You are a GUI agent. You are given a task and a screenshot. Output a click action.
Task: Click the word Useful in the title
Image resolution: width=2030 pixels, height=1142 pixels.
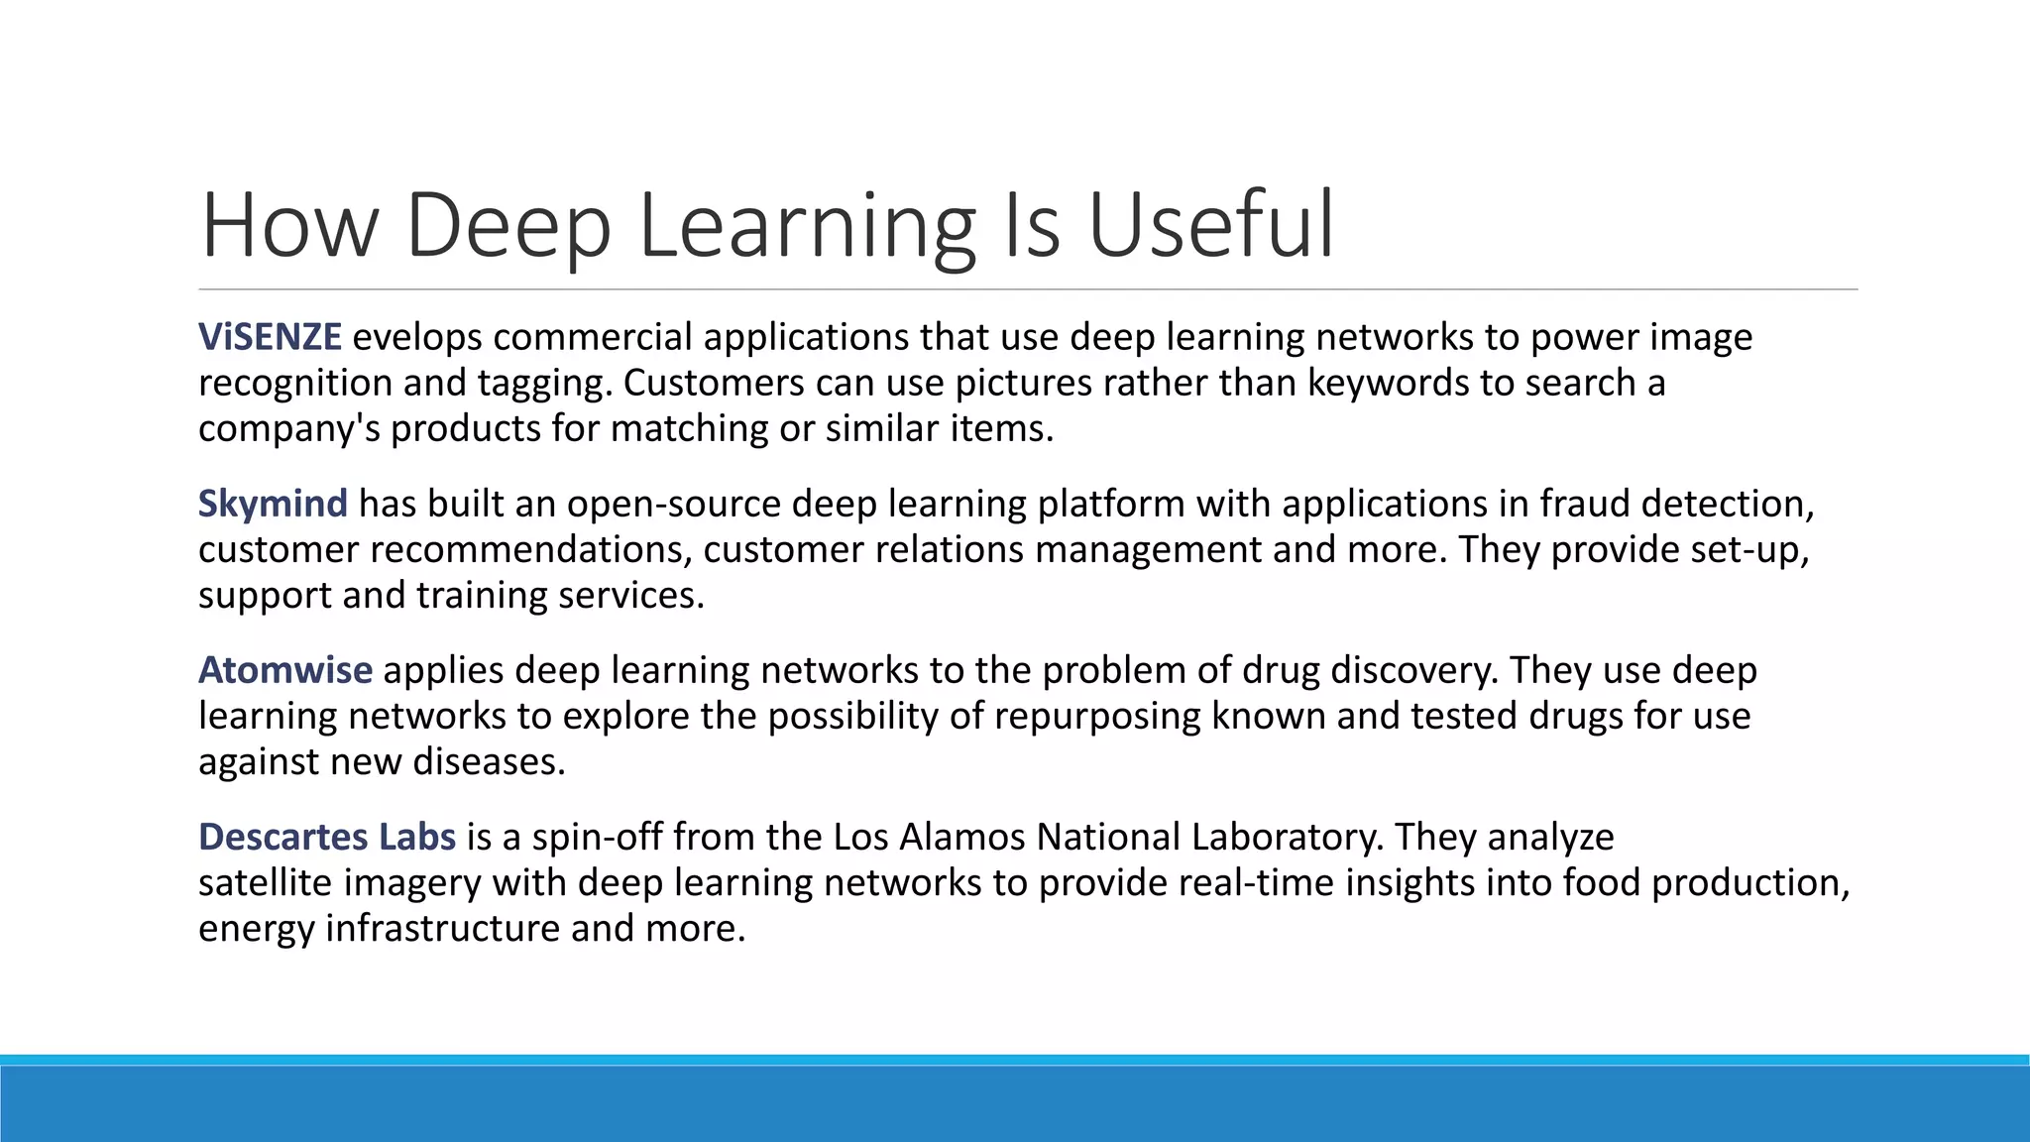click(1211, 226)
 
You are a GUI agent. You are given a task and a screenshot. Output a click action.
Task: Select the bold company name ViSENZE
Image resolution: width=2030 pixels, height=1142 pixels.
click(270, 337)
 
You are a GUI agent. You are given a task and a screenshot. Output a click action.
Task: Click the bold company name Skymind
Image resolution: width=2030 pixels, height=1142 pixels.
click(273, 504)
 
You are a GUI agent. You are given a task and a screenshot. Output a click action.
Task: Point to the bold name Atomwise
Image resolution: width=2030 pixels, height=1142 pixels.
click(285, 670)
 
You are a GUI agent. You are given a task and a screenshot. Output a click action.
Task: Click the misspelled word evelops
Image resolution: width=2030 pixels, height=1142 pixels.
click(417, 338)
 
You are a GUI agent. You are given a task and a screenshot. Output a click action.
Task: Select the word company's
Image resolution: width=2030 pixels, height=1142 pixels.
click(288, 428)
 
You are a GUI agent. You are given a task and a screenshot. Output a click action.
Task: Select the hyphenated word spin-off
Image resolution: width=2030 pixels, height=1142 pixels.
click(597, 837)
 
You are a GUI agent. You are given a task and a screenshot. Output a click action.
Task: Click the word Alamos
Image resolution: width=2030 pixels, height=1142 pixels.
click(961, 837)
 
